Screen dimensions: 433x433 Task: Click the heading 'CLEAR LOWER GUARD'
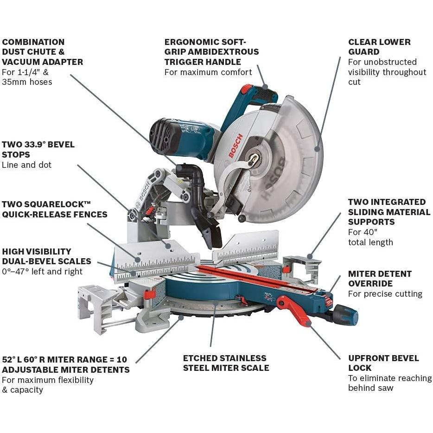pos(379,47)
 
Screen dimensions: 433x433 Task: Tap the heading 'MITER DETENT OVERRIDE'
pos(380,279)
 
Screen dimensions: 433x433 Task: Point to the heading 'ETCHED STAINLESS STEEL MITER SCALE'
pos(226,363)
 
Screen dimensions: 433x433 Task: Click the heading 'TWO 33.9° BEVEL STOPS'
pos(38,150)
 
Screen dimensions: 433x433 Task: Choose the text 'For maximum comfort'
pos(208,72)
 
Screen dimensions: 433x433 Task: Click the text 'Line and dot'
pos(27,165)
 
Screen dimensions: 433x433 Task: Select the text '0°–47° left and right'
pos(42,272)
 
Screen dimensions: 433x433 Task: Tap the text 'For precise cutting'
pos(385,294)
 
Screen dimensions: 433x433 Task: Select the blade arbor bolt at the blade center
pos(254,159)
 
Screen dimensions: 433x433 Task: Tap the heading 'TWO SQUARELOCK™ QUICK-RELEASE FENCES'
pos(54,209)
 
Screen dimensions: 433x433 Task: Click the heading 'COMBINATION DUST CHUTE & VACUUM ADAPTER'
pos(42,52)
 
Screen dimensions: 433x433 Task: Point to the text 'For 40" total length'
pos(370,237)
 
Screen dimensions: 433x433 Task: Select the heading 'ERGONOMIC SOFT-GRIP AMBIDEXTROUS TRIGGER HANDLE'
pos(211,52)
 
